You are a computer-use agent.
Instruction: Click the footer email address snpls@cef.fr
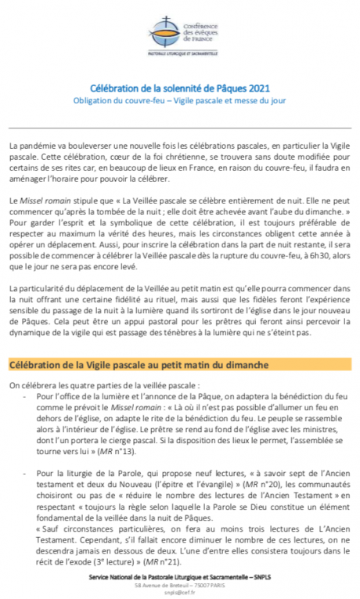pyautogui.click(x=179, y=593)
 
